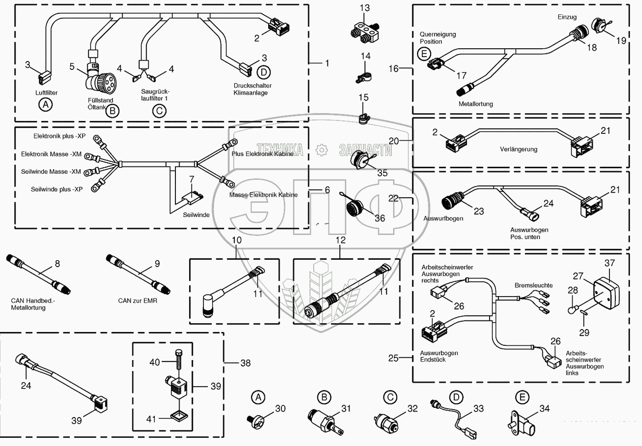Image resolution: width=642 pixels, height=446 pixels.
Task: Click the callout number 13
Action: (365, 8)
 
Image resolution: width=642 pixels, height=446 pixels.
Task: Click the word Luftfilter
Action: (46, 93)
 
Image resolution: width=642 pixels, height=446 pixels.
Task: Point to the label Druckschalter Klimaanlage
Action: (252, 89)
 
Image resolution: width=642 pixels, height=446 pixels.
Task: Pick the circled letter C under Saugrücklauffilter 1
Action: (159, 111)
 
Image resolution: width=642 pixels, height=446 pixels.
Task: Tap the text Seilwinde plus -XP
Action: (56, 189)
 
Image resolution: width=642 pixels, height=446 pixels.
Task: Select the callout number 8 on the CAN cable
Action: (57, 264)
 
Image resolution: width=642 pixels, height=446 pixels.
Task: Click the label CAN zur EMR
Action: (137, 301)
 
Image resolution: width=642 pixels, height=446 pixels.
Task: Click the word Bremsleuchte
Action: (533, 286)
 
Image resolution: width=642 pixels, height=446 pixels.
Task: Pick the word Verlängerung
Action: (518, 149)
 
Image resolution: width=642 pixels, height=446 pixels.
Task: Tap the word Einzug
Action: (567, 17)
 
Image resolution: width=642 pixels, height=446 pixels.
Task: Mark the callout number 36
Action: (380, 218)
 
